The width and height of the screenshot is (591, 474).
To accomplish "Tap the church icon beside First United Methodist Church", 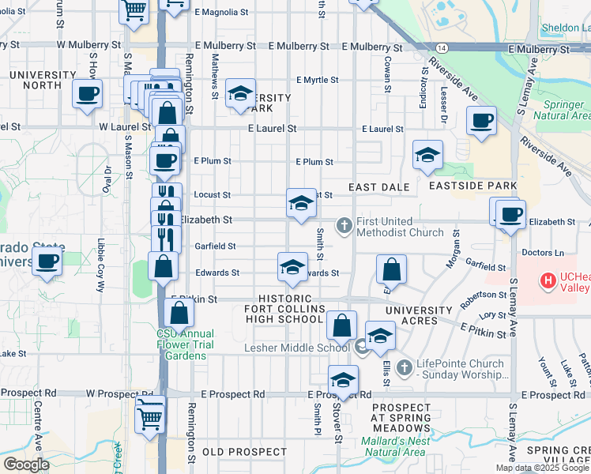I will (344, 226).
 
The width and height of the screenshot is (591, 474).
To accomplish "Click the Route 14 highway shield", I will (441, 48).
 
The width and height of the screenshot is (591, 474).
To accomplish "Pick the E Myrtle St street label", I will (318, 80).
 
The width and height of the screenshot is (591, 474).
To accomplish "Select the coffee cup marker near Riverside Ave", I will (481, 122).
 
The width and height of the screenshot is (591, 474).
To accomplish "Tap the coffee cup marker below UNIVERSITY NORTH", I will (87, 94).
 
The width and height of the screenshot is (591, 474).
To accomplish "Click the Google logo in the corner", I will (25, 465).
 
